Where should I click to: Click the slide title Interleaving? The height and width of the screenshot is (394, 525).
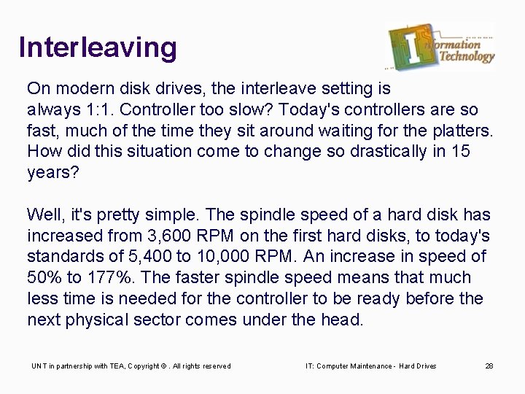[98, 47]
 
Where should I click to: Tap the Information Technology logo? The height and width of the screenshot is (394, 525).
[441, 46]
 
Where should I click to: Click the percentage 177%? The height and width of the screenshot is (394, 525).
[111, 277]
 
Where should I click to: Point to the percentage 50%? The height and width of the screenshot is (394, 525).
[47, 277]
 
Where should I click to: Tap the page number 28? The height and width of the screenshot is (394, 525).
[489, 366]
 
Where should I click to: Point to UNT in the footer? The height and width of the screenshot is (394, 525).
[36, 366]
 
